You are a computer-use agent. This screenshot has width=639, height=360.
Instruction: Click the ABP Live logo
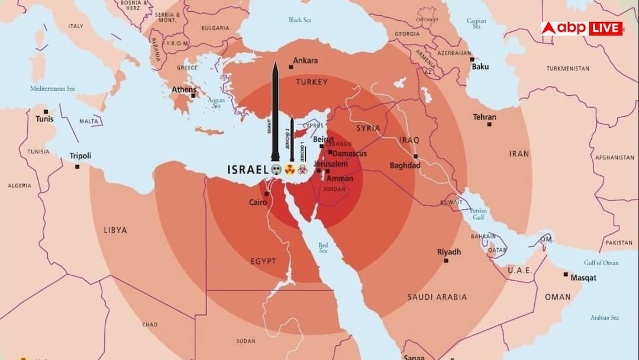point(582,28)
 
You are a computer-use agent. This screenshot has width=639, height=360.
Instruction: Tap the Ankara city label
point(305,60)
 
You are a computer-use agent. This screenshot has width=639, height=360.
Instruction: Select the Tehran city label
point(484,117)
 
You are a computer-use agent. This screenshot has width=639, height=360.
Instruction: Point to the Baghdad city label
point(405,165)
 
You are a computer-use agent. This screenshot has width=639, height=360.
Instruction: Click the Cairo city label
point(257,202)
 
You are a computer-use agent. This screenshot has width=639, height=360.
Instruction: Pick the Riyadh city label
point(448,252)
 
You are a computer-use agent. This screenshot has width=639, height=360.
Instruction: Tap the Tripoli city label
point(80,156)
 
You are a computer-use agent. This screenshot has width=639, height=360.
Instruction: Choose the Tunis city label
point(44,119)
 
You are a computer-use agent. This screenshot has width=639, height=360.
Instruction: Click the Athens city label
point(183,90)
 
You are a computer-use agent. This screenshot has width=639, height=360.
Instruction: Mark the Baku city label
point(480,66)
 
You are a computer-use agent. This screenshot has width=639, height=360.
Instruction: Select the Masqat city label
point(583,278)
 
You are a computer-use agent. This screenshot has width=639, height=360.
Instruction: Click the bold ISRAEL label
point(248,170)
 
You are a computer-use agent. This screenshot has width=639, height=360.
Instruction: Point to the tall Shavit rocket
point(275,112)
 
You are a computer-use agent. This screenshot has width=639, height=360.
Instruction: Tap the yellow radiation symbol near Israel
point(290,169)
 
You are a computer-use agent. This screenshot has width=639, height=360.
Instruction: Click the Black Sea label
point(299,20)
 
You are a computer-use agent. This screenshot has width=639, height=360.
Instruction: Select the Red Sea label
point(323,247)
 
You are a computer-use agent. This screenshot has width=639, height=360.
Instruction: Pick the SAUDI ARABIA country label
point(437,297)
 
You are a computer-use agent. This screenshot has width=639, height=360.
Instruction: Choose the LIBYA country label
point(115,230)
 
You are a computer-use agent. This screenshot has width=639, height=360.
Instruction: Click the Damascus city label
point(350,153)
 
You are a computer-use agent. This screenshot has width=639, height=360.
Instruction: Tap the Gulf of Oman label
point(601,262)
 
